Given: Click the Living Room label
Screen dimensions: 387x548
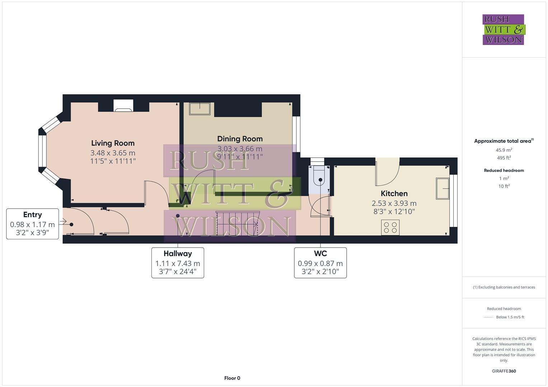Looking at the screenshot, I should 113,143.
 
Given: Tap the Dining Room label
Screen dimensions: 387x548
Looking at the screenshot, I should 240,139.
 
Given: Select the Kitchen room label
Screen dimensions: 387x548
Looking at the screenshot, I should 394,193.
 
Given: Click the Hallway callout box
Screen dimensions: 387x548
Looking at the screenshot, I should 178,263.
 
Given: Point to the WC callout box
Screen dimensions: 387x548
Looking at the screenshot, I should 320,263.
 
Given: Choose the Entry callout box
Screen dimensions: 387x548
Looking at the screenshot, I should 32,224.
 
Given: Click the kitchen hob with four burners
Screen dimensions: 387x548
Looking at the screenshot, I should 390,228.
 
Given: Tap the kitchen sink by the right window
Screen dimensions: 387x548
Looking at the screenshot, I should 442,188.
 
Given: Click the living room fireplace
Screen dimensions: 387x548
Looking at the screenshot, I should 123,106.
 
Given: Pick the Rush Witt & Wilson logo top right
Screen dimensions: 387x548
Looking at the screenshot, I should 503,30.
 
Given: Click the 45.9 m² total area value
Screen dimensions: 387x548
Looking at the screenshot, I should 504,150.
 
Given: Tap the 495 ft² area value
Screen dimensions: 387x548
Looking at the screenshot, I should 504,158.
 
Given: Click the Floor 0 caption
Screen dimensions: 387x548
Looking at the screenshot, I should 232,378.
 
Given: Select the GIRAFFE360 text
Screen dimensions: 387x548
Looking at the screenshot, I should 504,371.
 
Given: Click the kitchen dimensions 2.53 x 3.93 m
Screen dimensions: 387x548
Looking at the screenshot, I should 394,203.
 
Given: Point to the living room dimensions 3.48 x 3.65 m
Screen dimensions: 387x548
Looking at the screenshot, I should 113,153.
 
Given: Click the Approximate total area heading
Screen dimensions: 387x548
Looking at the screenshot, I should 503,141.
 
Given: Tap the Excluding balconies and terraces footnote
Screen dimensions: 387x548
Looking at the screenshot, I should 504,287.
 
